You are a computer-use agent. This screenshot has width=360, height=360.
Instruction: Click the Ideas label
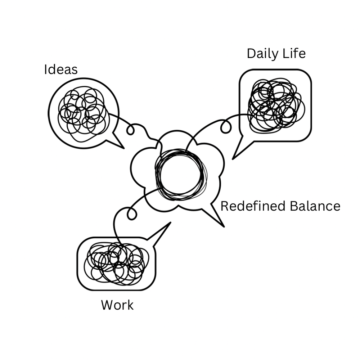60,69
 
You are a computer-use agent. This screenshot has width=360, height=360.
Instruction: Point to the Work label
117,305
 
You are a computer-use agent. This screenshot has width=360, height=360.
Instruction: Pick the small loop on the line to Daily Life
226,127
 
